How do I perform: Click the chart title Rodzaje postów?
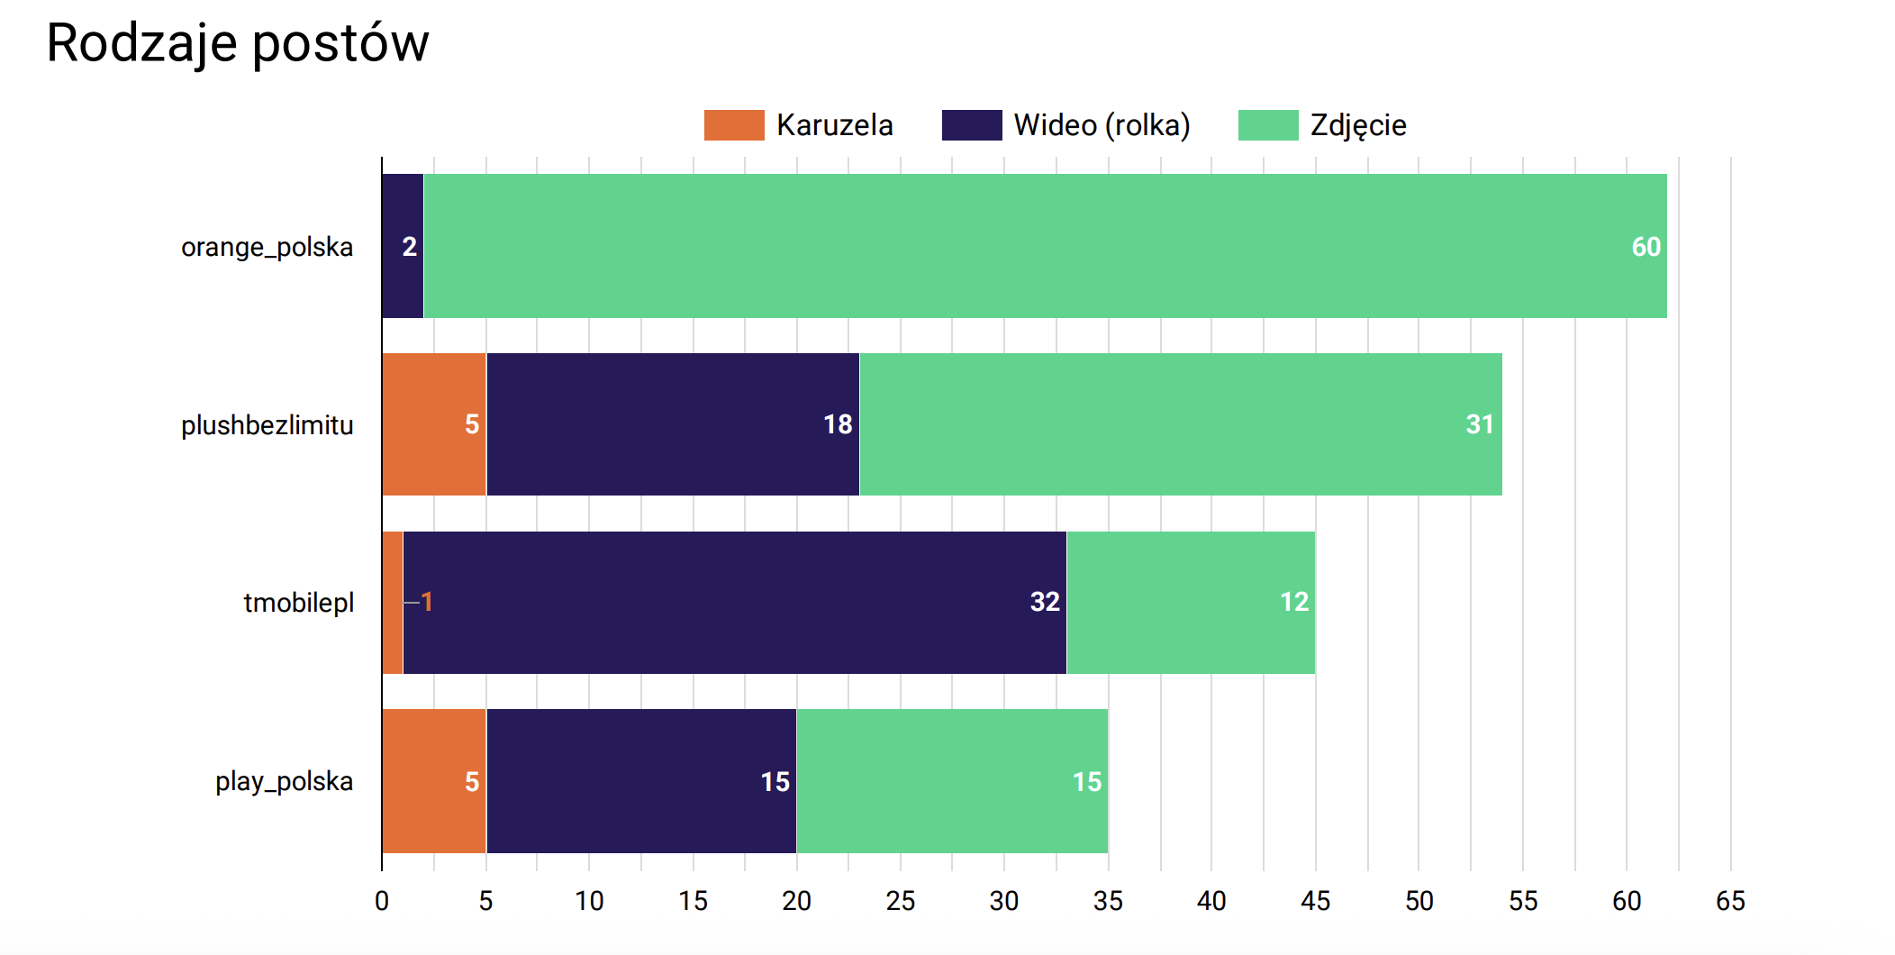238,43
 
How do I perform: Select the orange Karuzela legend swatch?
733,125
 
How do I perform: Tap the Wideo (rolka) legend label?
1102,125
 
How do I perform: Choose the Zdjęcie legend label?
1357,125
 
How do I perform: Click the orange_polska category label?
267,247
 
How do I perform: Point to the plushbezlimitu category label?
267,424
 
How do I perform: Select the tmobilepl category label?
298,602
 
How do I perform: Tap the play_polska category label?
284,781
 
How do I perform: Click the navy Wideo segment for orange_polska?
402,246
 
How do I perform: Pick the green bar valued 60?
1045,246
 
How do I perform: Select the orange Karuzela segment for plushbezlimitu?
433,424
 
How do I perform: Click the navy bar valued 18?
672,424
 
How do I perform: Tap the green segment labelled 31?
1180,424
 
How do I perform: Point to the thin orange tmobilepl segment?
393,602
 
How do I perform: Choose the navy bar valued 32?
734,602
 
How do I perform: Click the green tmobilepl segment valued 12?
1191,602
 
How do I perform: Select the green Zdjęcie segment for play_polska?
952,781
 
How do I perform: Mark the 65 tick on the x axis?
1730,900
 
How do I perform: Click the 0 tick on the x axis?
382,900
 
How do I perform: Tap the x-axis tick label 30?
1004,900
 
